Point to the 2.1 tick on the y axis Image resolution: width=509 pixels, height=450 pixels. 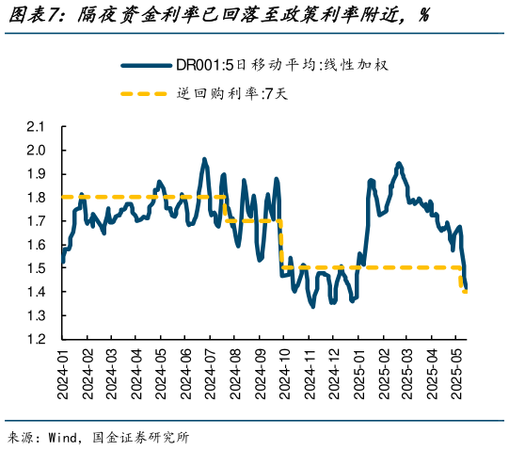click(x=37, y=126)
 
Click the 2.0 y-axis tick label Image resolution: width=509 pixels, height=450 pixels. click(x=37, y=150)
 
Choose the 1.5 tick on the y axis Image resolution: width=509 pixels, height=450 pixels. click(x=37, y=268)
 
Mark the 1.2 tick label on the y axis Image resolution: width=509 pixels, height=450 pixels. click(x=37, y=339)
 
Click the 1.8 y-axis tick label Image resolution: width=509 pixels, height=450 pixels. click(x=37, y=197)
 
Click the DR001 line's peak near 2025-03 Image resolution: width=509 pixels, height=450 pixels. click(x=399, y=163)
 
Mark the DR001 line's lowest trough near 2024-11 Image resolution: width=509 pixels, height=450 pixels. click(x=312, y=305)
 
